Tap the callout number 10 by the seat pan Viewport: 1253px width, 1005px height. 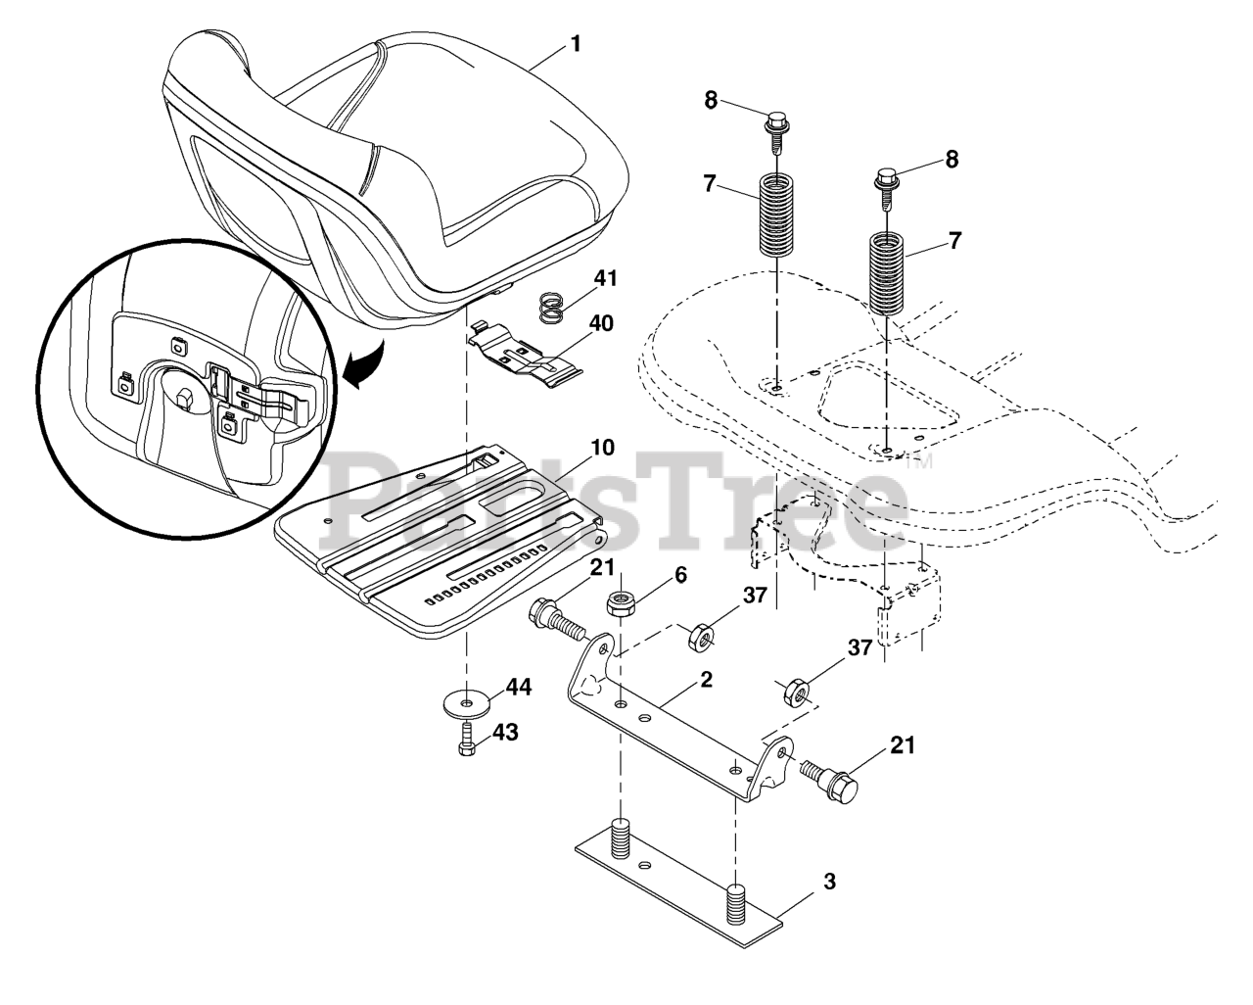click(x=602, y=448)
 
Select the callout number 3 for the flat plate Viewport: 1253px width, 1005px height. click(x=829, y=881)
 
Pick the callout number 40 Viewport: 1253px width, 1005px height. click(x=601, y=322)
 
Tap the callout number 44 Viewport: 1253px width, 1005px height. click(x=518, y=689)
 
